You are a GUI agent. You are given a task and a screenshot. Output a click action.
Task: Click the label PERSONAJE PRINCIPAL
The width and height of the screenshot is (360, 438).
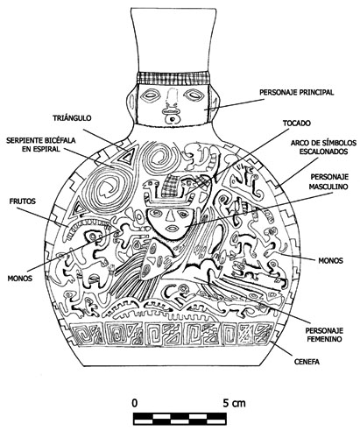[x=296, y=92]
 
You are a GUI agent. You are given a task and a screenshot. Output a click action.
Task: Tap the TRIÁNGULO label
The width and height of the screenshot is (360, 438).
[x=72, y=118]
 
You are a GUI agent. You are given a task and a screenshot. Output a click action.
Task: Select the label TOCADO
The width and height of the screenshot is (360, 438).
[x=296, y=124]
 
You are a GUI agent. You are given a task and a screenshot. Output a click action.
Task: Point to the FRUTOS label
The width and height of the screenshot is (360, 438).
[x=23, y=201]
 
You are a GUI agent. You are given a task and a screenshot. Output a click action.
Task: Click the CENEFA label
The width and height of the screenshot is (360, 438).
[x=307, y=362]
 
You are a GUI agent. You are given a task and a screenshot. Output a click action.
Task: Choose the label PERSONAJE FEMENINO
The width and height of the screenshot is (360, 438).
[x=324, y=335]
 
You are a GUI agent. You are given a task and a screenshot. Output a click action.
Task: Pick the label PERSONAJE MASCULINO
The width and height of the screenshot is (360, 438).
[x=329, y=181]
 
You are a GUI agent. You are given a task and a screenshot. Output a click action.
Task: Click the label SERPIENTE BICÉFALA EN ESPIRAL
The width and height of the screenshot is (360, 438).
[x=41, y=145]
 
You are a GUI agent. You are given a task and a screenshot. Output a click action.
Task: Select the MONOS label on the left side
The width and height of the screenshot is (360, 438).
[x=20, y=279]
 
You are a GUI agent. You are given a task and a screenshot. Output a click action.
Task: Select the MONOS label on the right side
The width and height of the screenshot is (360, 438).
[x=330, y=260]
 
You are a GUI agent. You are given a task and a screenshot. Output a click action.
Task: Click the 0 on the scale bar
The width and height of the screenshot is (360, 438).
[x=134, y=403]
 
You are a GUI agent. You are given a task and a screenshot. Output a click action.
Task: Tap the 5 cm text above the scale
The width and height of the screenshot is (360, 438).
[x=235, y=403]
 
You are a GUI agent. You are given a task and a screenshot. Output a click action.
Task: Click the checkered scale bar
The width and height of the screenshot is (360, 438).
[x=180, y=419]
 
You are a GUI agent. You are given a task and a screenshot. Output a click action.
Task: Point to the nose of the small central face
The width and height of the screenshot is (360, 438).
[x=169, y=215]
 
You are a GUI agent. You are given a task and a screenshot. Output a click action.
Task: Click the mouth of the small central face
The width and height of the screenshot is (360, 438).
[x=170, y=228]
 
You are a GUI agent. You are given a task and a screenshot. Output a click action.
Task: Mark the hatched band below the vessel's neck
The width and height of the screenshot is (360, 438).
[x=174, y=78]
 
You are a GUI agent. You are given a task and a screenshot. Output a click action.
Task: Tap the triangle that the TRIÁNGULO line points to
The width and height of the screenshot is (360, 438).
[x=127, y=155]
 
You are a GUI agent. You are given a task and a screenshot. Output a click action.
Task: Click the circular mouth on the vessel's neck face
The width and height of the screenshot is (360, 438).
[x=173, y=119]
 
